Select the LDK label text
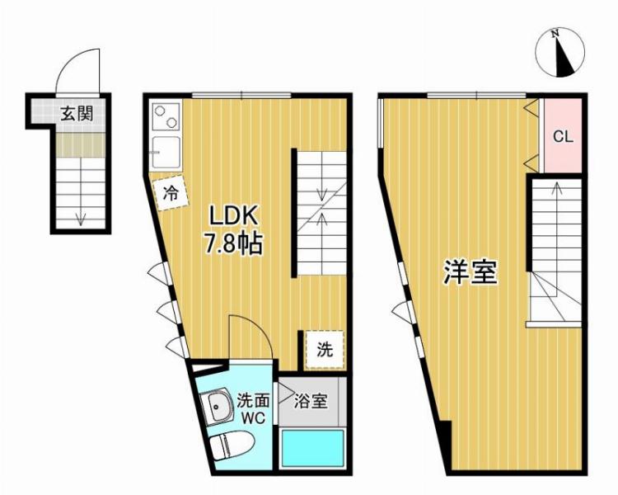coord(235,217)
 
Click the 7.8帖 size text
coord(235,243)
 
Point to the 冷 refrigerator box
coord(171,195)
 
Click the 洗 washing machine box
coord(324,349)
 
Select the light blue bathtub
coord(314,449)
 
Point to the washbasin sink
coord(218,407)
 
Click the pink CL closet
coord(563,137)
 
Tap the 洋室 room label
coord(471,272)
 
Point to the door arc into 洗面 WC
coord(250,337)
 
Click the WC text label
coord(253,418)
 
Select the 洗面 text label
coord(253,401)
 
